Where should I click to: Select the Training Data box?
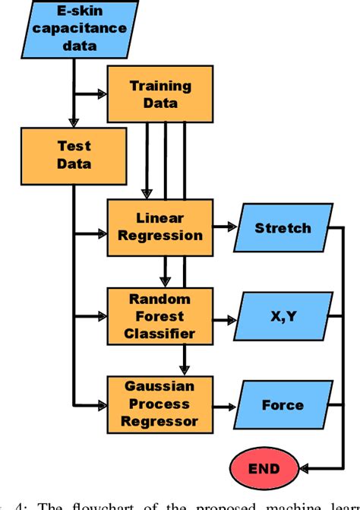click(x=160, y=94)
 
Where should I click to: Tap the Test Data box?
click(x=74, y=154)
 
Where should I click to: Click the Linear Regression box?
click(x=160, y=226)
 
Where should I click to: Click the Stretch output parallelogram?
click(x=282, y=227)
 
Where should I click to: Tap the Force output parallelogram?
click(x=282, y=404)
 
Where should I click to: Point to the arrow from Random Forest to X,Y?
click(x=225, y=315)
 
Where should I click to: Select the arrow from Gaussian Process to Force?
click(x=225, y=404)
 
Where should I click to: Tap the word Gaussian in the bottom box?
click(x=160, y=386)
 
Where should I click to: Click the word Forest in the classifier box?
click(x=160, y=315)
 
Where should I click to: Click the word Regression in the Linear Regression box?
click(x=160, y=235)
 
